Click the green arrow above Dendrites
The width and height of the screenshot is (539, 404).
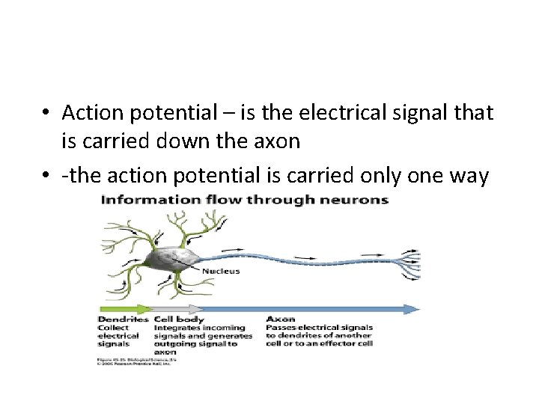(x=124, y=308)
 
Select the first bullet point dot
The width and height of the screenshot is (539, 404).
(x=46, y=114)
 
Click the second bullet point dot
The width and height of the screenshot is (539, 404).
(x=46, y=177)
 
